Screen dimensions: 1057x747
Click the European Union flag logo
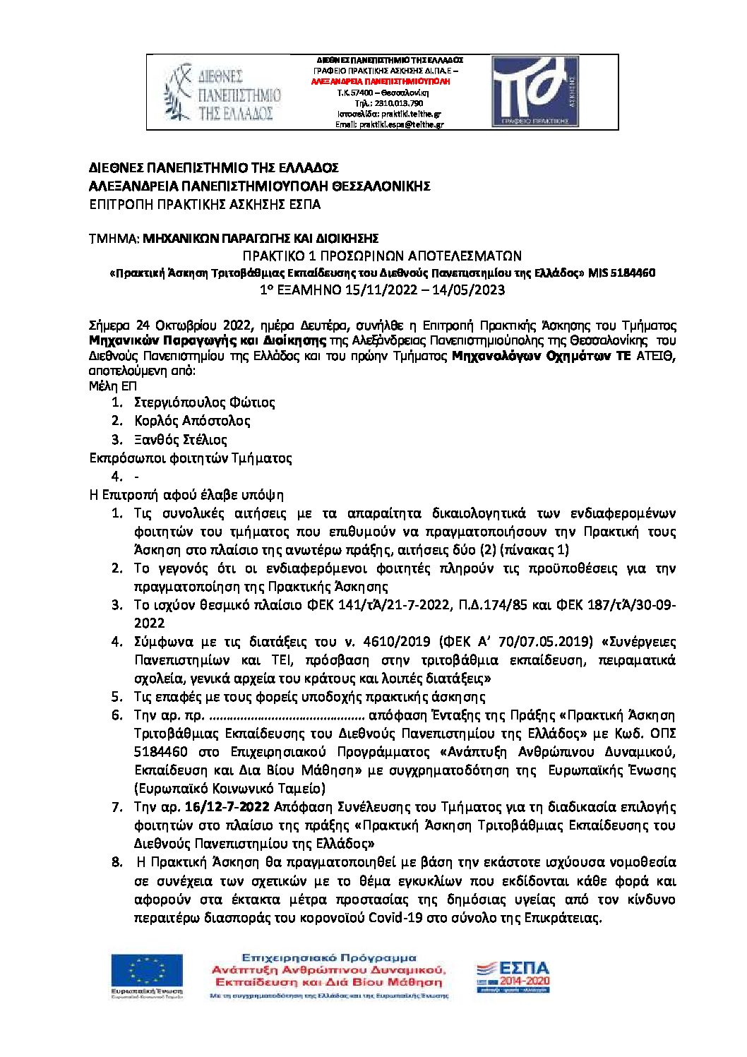pyautogui.click(x=146, y=972)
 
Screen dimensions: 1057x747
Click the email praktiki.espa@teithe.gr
pyautogui.click(x=390, y=124)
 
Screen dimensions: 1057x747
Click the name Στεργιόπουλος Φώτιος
pyautogui.click(x=204, y=402)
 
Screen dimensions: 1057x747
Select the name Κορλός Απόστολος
pyautogui.click(x=192, y=421)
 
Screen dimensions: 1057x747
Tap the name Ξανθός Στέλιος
pyautogui.click(x=181, y=440)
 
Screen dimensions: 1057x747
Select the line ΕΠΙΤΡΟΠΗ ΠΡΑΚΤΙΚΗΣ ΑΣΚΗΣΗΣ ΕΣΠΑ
pyautogui.click(x=205, y=205)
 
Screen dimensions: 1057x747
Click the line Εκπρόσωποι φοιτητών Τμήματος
pyautogui.click(x=191, y=458)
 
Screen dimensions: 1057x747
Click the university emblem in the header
pyautogui.click(x=178, y=92)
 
